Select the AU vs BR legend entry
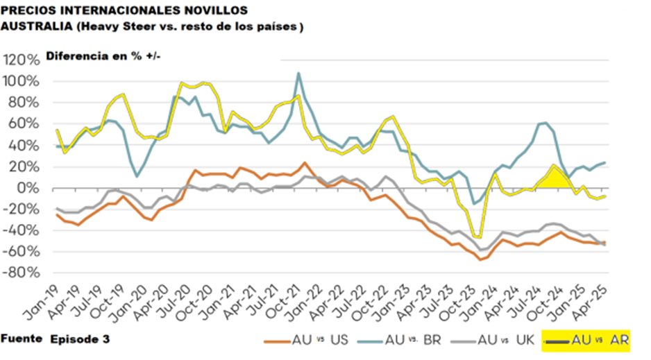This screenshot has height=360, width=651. tap(413, 341)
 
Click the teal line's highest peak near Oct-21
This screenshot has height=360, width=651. tap(298, 73)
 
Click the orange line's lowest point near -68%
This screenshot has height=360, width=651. tap(480, 259)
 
